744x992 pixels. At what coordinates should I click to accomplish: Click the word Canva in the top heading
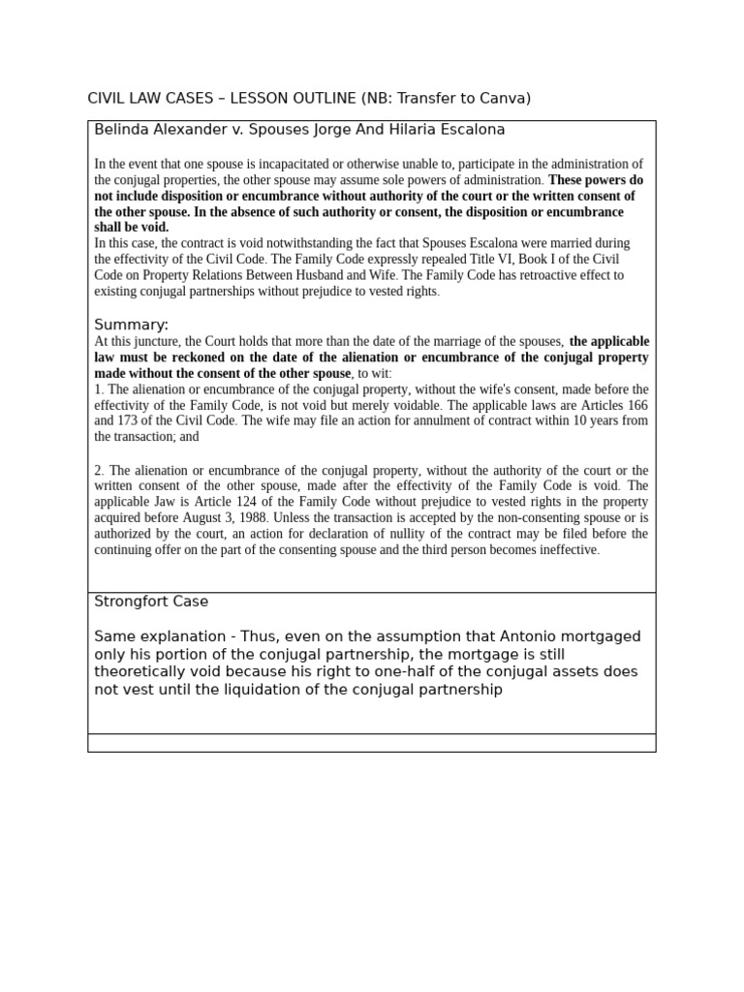coord(506,98)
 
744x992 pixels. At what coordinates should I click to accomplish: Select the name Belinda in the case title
coord(121,129)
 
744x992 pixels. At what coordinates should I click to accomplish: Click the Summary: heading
coord(131,325)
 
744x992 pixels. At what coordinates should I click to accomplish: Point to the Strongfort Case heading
coord(151,602)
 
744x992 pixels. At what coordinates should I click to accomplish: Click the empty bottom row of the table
coord(371,743)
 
